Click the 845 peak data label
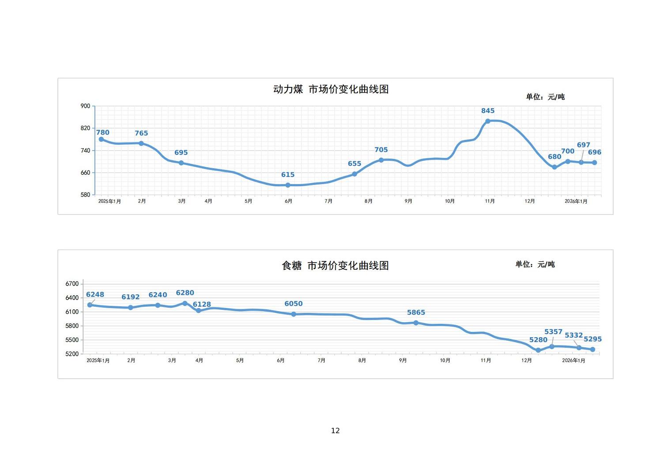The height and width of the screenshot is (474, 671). click(488, 111)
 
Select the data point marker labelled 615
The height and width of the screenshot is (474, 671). click(288, 185)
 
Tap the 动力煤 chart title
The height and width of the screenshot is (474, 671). click(331, 89)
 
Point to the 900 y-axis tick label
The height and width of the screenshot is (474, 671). click(85, 106)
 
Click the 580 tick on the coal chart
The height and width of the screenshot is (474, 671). click(85, 195)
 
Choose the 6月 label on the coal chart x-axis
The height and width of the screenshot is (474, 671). click(288, 201)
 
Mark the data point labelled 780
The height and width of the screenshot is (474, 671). click(101, 139)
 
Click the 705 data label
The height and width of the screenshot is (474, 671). click(381, 150)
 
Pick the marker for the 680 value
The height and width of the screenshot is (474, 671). click(554, 167)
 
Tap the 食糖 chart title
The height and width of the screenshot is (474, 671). click(335, 266)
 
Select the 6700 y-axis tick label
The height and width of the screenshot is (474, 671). click(72, 284)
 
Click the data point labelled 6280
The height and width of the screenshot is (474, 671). click(185, 304)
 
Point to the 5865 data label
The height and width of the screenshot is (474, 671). click(416, 312)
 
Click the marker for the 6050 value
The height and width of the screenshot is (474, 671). click(294, 314)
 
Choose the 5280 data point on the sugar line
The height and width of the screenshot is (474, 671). click(538, 350)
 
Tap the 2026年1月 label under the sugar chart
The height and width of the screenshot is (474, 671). click(573, 361)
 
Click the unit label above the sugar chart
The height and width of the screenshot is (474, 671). click(535, 264)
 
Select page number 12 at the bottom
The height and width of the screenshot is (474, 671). click(335, 431)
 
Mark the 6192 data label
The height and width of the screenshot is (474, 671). click(130, 297)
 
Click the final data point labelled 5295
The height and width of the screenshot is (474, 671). click(592, 350)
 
